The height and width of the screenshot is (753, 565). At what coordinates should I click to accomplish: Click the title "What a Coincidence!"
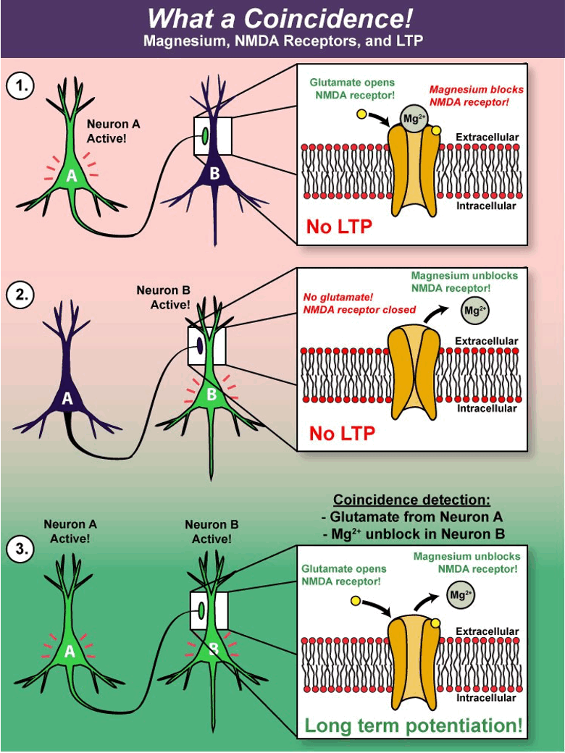pyautogui.click(x=282, y=17)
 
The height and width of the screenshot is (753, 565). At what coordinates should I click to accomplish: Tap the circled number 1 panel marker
pyautogui.click(x=20, y=86)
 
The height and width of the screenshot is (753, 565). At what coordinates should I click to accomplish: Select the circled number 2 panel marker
pyautogui.click(x=20, y=295)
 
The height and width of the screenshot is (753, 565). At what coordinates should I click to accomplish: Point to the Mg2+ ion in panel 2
pyautogui.click(x=473, y=312)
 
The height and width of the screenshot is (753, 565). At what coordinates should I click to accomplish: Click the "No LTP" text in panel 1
pyautogui.click(x=339, y=227)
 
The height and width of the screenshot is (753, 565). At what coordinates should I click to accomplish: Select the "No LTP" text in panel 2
pyautogui.click(x=342, y=433)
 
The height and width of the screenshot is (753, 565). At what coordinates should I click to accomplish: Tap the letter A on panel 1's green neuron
pyautogui.click(x=71, y=175)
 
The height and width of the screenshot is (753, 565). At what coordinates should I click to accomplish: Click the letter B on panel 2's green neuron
pyautogui.click(x=212, y=395)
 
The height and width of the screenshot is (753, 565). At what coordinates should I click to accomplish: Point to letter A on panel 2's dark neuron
pyautogui.click(x=67, y=398)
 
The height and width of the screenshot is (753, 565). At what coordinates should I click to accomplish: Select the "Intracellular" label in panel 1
pyautogui.click(x=486, y=206)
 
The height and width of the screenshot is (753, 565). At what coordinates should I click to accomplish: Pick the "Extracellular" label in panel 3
pyautogui.click(x=487, y=631)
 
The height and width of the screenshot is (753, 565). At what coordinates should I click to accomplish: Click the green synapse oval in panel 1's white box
pyautogui.click(x=206, y=135)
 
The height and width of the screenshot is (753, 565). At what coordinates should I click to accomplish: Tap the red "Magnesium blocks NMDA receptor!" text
pyautogui.click(x=469, y=96)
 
